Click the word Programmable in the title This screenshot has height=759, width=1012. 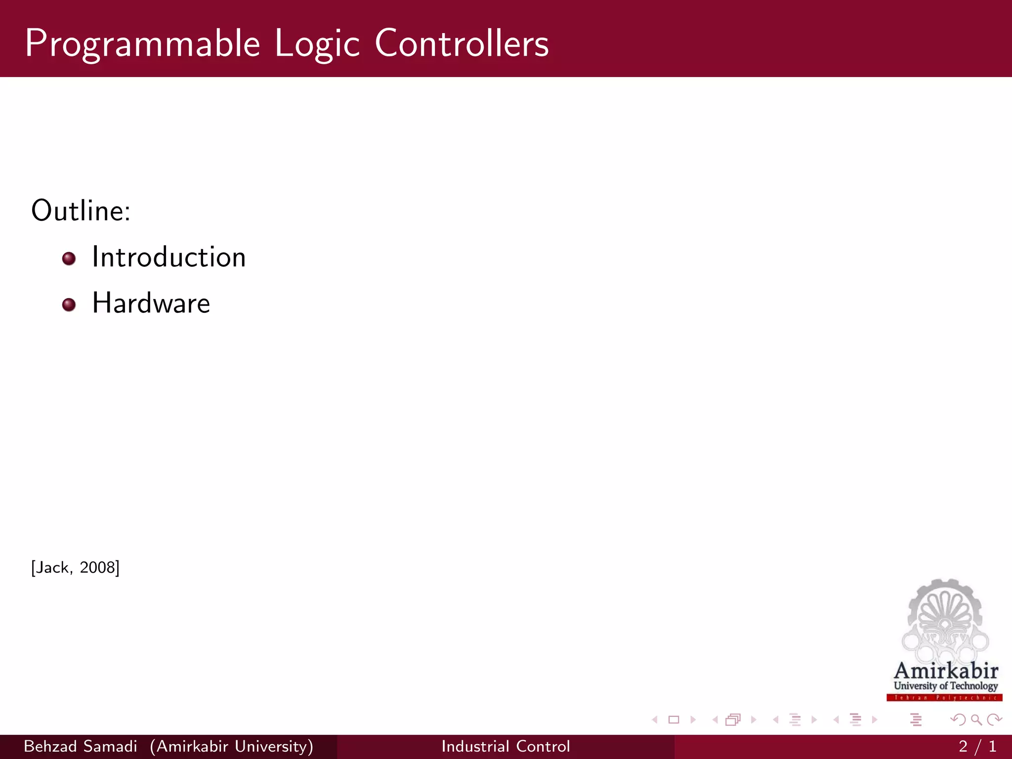pyautogui.click(x=142, y=43)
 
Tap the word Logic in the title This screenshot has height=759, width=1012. pyautogui.click(x=317, y=43)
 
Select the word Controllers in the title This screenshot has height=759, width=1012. pyautogui.click(x=462, y=43)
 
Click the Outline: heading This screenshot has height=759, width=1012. pyautogui.click(x=81, y=211)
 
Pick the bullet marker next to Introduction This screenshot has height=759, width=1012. pyautogui.click(x=69, y=258)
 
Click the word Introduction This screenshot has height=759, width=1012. pyautogui.click(x=169, y=257)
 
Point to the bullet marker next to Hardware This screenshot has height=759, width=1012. pyautogui.click(x=69, y=304)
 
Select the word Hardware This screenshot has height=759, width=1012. pyautogui.click(x=151, y=303)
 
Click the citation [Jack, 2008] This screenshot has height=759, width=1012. pyautogui.click(x=75, y=567)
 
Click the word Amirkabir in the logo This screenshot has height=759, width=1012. pyautogui.click(x=946, y=671)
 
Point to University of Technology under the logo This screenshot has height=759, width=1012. pyautogui.click(x=946, y=686)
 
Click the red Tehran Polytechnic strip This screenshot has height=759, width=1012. pyautogui.click(x=944, y=698)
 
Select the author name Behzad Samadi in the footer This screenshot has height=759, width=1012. pyautogui.click(x=81, y=746)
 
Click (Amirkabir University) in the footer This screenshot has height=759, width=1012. pyautogui.click(x=232, y=746)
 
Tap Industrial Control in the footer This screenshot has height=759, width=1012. pyautogui.click(x=506, y=746)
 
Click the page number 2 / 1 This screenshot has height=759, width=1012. pyautogui.click(x=977, y=746)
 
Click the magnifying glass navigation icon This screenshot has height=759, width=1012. pyautogui.click(x=976, y=719)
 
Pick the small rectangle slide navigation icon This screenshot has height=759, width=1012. pyautogui.click(x=674, y=719)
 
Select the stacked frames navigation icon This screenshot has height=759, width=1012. pyautogui.click(x=733, y=719)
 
